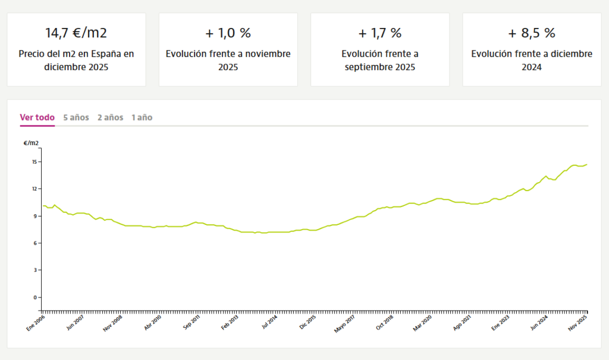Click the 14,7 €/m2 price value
(x=76, y=32)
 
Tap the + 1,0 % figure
(x=228, y=32)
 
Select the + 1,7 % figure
(x=380, y=32)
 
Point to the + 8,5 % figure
(x=532, y=32)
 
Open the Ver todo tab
(x=37, y=117)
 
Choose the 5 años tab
(x=76, y=117)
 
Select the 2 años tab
(x=111, y=117)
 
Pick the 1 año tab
(x=142, y=117)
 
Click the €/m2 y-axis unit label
(x=32, y=143)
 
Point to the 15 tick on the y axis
(x=34, y=162)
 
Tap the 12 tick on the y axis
(x=34, y=189)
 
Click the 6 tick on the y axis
(x=35, y=243)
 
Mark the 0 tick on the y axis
(x=35, y=297)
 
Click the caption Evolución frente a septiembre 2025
(x=380, y=60)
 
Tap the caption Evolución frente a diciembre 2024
(x=532, y=60)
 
